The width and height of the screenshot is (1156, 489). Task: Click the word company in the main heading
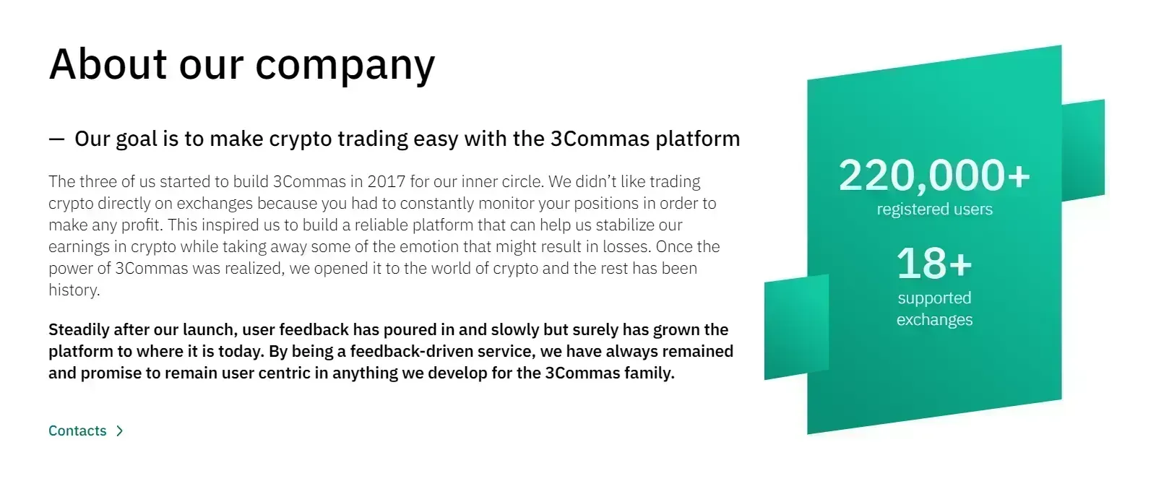345,65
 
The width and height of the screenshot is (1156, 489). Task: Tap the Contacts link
77,431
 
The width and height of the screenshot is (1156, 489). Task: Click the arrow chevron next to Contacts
120,431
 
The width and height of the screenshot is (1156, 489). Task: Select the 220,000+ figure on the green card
934,176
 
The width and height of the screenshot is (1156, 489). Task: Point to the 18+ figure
934,264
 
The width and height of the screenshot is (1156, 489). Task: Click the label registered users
934,209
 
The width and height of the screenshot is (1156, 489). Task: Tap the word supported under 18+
934,298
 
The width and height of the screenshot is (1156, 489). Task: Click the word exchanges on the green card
934,320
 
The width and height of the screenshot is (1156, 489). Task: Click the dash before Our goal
56,139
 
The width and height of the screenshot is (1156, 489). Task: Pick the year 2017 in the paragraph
386,181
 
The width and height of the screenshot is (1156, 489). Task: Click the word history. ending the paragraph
74,290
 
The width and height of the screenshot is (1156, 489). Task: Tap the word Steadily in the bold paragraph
79,330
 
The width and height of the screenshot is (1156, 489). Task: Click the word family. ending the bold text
650,373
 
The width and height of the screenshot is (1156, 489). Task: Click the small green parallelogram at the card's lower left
795,329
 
